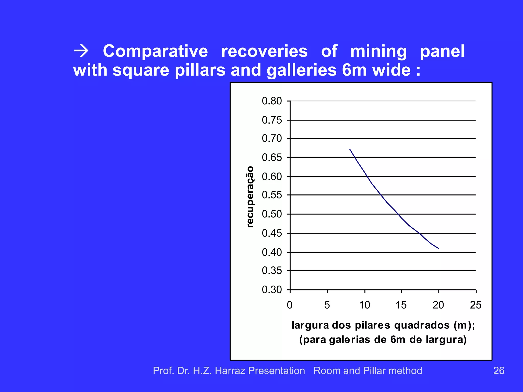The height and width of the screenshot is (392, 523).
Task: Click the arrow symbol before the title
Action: point(81,51)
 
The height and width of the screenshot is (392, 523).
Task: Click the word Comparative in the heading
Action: point(155,51)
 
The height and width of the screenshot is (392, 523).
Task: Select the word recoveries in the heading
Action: point(264,51)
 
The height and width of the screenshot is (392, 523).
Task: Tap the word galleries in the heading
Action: point(302,70)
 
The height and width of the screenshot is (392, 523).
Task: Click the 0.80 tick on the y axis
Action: point(272,101)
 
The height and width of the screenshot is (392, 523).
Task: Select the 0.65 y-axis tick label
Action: point(272,158)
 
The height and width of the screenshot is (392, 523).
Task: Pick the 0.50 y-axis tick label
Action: point(272,214)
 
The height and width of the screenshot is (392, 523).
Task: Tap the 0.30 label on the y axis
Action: point(272,290)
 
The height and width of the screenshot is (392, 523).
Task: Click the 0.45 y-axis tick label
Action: point(272,233)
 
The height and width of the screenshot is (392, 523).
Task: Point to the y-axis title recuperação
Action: point(250,197)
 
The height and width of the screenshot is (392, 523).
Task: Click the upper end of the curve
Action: point(350,149)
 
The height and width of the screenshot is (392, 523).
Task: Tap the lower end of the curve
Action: point(438,248)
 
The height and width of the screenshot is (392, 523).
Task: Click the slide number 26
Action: point(499,371)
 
